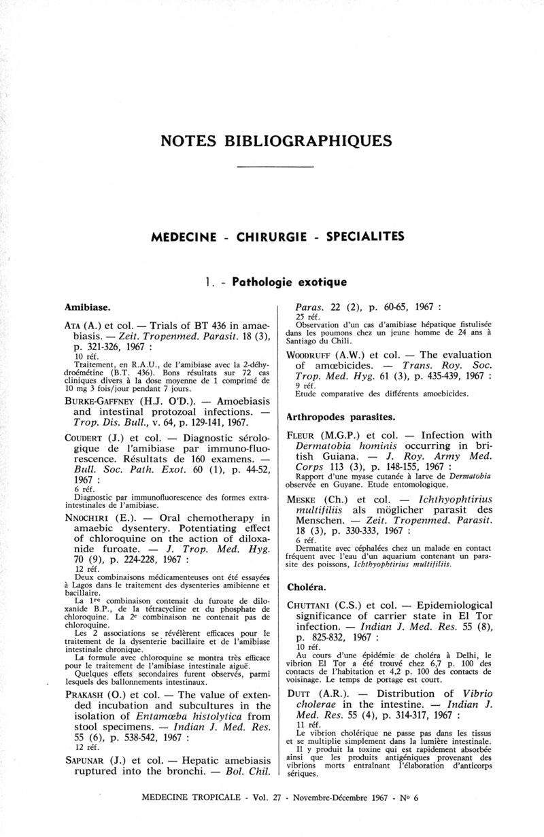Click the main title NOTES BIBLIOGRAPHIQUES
tap(276, 141)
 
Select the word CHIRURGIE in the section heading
tap(271, 237)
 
